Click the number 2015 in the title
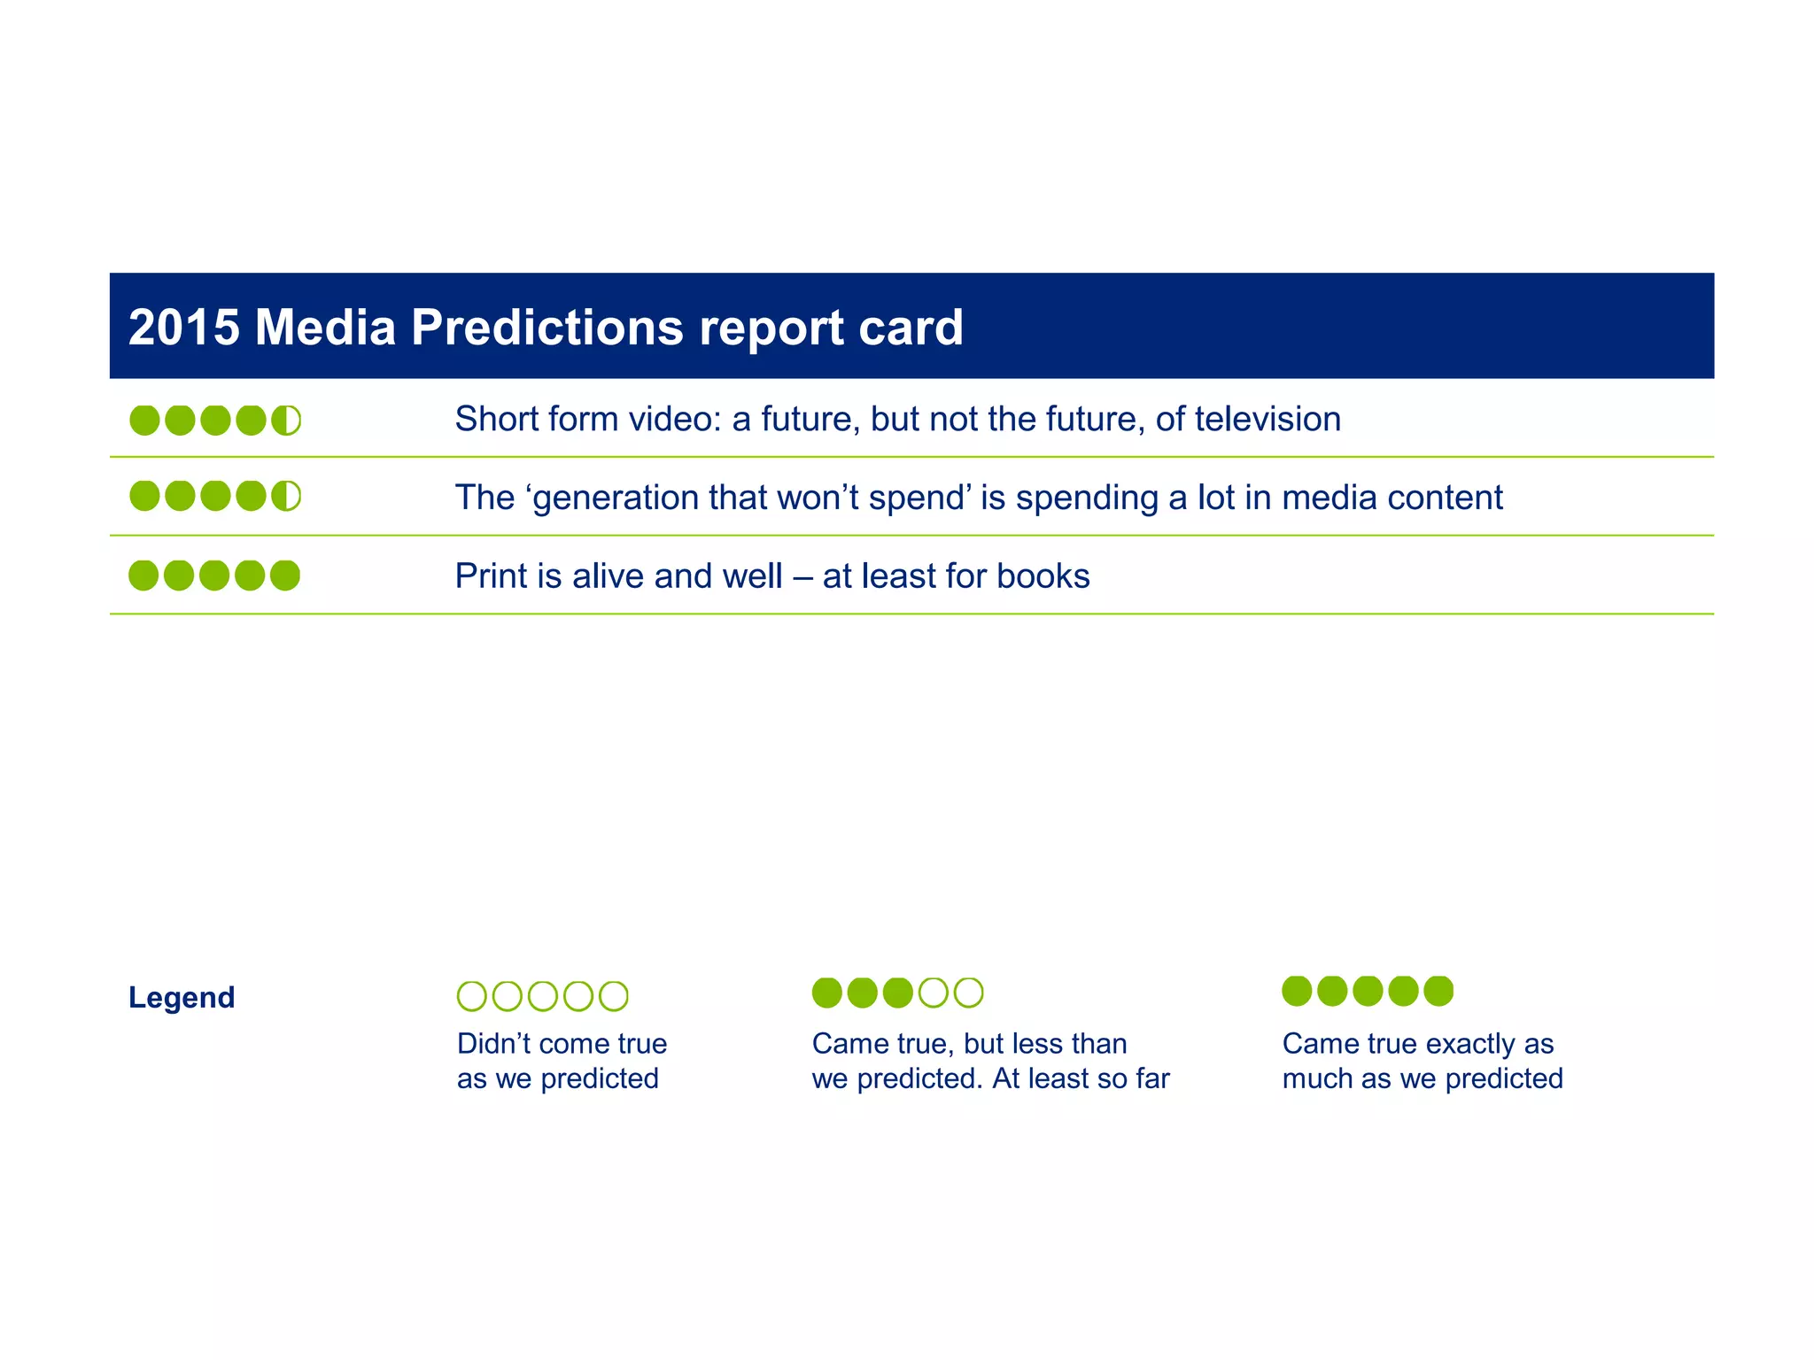(183, 327)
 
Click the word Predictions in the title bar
(547, 327)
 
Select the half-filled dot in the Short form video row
(286, 420)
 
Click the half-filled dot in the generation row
(286, 496)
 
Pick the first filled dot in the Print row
(143, 576)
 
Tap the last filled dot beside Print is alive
(285, 576)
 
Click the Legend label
(182, 997)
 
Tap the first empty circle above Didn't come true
(471, 996)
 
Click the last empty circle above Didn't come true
(614, 996)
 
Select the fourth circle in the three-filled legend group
(933, 993)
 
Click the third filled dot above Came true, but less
(897, 993)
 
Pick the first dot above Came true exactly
(1297, 991)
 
